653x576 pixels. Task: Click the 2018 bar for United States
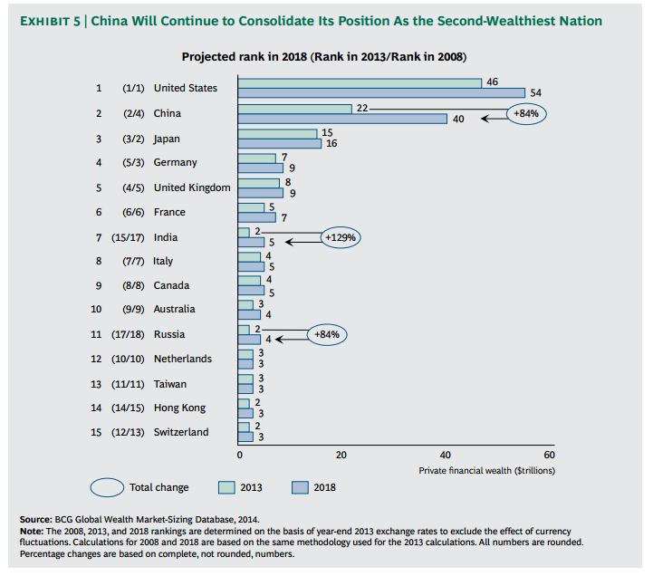click(x=380, y=92)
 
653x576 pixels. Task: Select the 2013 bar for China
click(x=294, y=109)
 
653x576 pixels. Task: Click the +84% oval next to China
click(x=526, y=114)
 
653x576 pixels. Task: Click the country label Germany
click(x=175, y=163)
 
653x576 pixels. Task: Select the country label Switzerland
click(x=181, y=432)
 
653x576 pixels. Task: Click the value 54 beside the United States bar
click(x=535, y=92)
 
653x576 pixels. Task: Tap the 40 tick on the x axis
click(x=445, y=454)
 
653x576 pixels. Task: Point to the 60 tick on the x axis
click(x=548, y=454)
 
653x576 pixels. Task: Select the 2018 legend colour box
click(x=300, y=487)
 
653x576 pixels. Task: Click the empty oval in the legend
click(x=105, y=487)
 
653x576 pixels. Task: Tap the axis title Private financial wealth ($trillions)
click(x=486, y=470)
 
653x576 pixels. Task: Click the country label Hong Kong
click(x=179, y=408)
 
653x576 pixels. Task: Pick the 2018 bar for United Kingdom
click(x=260, y=192)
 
